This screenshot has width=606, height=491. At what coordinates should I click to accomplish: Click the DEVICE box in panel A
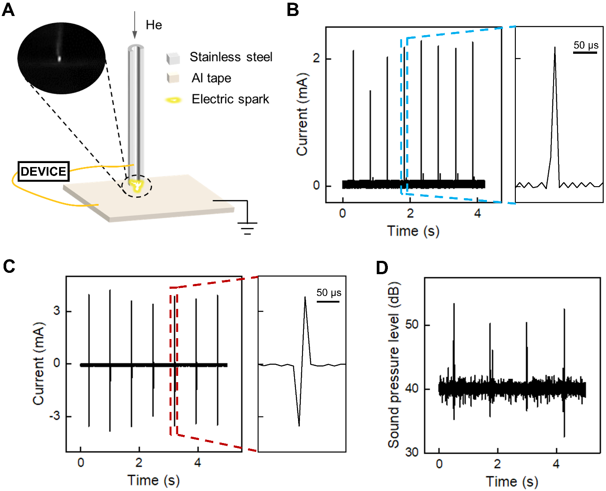pos(44,172)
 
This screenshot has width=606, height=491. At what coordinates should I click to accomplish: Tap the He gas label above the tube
pos(154,25)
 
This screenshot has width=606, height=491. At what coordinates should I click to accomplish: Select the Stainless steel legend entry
pos(231,57)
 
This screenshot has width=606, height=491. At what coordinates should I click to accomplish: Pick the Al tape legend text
pos(211,78)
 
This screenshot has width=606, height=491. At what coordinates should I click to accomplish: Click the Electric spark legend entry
pos(230,99)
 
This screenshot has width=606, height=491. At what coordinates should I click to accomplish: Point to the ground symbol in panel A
pos(247,228)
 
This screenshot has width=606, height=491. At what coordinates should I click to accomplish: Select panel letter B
pos(293,10)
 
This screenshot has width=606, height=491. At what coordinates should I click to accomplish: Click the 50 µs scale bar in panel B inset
pos(585,52)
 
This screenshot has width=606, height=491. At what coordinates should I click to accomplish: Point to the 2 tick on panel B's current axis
pos(316,59)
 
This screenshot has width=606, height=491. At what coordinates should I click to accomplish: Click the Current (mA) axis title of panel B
pos(302,114)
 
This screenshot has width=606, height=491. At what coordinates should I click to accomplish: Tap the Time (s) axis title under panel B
pos(413,231)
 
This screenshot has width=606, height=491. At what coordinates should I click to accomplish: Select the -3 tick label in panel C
pos(54,416)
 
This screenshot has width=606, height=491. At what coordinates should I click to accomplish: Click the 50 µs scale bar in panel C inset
pos(328,301)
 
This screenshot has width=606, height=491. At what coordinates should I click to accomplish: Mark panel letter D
pos(382,268)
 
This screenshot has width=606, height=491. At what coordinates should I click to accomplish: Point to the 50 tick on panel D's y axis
pos(412,325)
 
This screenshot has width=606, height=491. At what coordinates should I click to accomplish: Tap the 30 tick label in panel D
pos(412,452)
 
